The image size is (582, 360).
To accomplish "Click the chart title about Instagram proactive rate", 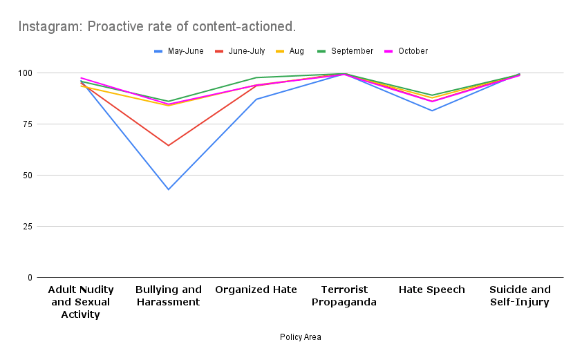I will coord(157,27).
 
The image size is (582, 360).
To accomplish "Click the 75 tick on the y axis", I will coord(28,124).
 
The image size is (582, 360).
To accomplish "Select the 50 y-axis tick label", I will coord(28,176).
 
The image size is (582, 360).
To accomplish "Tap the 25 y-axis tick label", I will coord(28,227).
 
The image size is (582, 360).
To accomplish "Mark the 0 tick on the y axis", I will coord(30,278).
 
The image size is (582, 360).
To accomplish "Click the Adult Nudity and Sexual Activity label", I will coord(81,302).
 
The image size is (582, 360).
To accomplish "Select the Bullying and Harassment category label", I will coord(169,296).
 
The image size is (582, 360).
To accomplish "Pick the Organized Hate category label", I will coord(256,290).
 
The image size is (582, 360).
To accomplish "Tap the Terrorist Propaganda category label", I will coord(344,296).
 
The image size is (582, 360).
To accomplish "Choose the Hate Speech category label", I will coord(432,290).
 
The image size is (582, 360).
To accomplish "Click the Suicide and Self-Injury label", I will coord(520,296).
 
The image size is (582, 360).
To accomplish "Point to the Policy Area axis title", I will coord(300,337).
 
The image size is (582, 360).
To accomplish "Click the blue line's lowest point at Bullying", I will coord(169,189).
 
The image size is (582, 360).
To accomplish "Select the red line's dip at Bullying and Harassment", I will coord(169,145).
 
